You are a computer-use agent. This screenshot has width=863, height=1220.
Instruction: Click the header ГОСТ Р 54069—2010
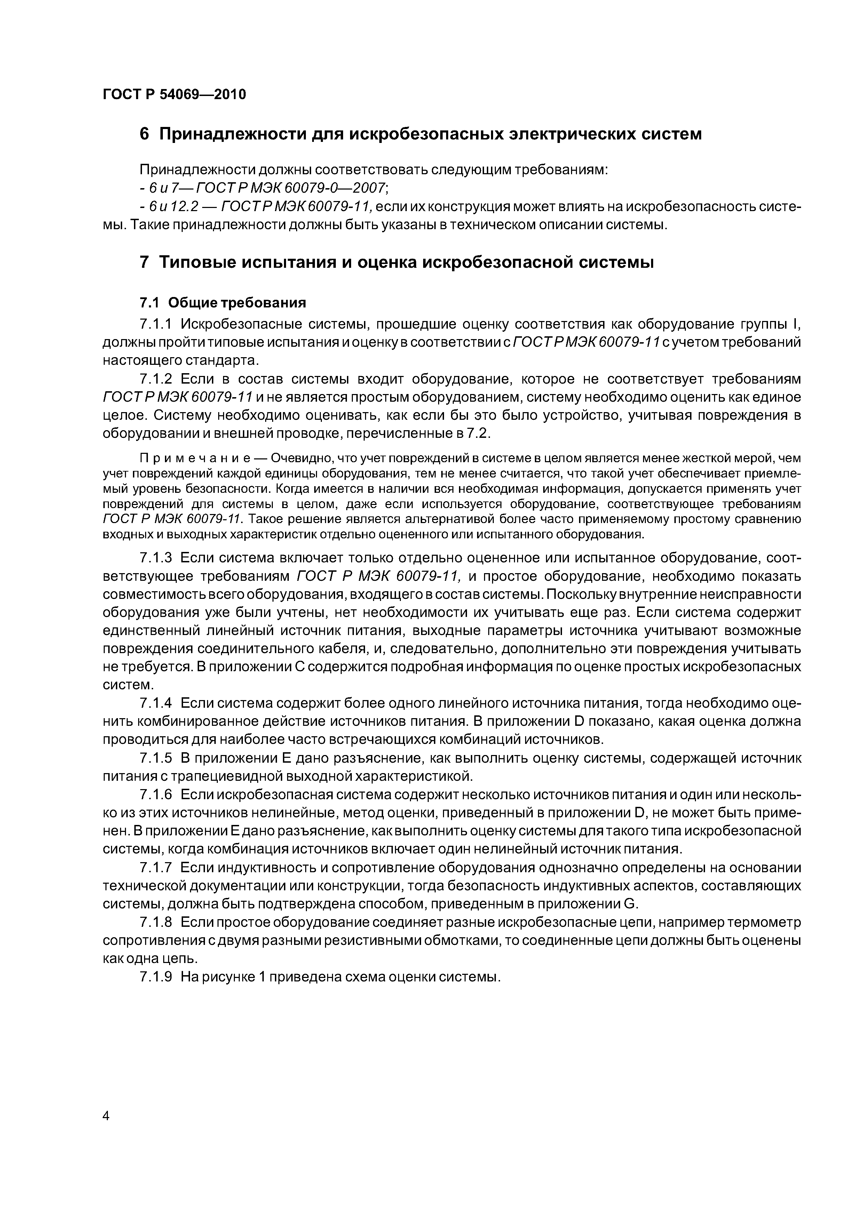pyautogui.click(x=174, y=95)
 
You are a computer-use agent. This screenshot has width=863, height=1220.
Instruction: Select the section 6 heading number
pyautogui.click(x=144, y=135)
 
